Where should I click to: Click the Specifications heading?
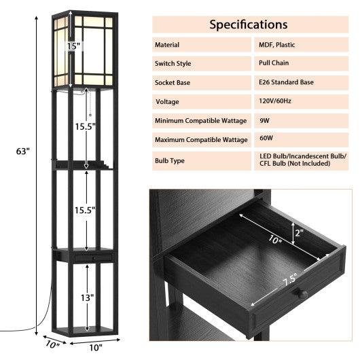click(248, 24)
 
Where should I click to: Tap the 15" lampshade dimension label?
click(73, 46)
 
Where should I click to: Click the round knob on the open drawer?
click(304, 293)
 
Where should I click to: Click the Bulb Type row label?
click(170, 162)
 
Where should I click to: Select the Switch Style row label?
click(174, 63)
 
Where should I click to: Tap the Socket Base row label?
click(173, 82)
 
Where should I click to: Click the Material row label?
click(167, 45)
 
